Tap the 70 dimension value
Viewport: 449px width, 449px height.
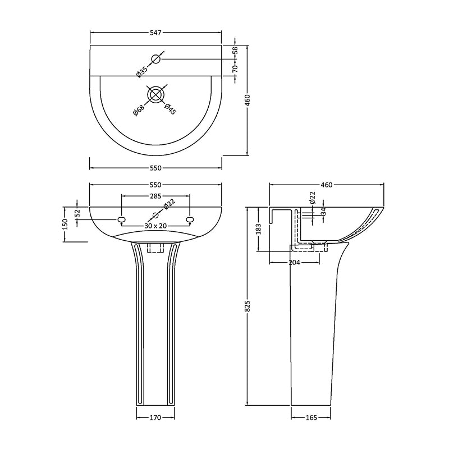coord(236,68)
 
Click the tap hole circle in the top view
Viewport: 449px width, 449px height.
coord(156,59)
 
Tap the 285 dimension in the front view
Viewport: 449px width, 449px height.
coord(155,196)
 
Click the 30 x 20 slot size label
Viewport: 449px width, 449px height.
coord(155,225)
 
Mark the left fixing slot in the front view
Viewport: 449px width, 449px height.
coord(121,219)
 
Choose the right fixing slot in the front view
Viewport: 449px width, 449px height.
coord(190,219)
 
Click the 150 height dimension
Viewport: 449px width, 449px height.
coord(66,223)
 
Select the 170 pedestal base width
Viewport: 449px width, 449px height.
coord(155,418)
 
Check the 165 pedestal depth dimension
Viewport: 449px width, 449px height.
coord(310,418)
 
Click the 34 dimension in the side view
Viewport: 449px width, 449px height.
coord(323,212)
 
